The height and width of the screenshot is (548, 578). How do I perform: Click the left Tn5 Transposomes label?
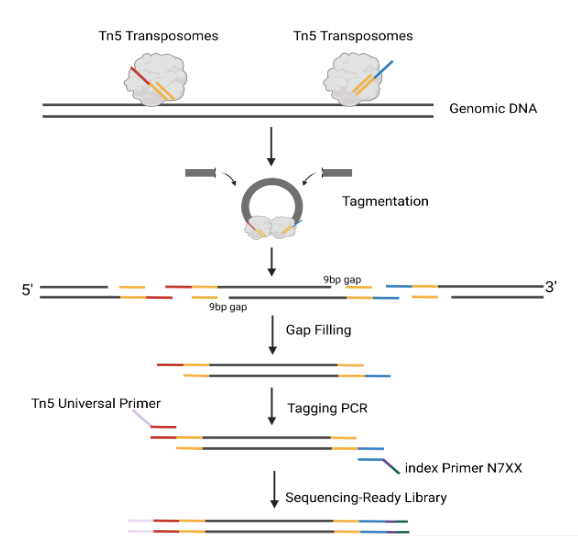[159, 36]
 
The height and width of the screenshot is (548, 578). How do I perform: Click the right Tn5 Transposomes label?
[353, 36]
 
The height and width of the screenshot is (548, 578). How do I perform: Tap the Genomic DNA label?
[493, 109]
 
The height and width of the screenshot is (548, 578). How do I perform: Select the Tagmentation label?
[385, 201]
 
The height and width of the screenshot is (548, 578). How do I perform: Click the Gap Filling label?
[318, 330]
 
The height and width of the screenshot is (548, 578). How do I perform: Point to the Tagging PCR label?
[327, 408]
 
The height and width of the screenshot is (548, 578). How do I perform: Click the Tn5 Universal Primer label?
[96, 403]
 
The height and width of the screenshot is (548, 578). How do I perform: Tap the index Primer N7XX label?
[464, 468]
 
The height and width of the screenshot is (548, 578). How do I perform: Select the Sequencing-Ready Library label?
[366, 498]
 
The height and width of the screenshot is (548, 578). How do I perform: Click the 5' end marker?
[27, 290]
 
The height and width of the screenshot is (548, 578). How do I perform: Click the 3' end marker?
[551, 287]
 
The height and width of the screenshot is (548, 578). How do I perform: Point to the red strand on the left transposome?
[140, 76]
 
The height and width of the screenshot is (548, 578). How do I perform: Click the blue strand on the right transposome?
[383, 70]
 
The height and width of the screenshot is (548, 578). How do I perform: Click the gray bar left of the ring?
[201, 172]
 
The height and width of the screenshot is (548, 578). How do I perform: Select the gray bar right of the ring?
[337, 172]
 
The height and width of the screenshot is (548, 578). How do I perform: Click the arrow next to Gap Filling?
[272, 335]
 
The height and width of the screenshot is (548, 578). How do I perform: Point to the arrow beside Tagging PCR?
[272, 406]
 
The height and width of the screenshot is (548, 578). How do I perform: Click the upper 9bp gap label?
[342, 280]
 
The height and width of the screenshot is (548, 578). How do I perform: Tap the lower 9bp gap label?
[228, 307]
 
